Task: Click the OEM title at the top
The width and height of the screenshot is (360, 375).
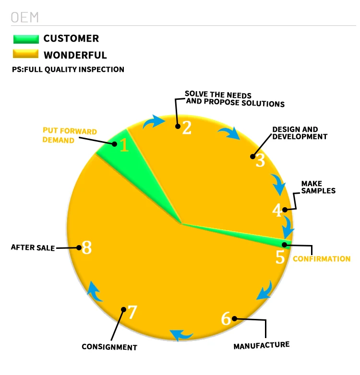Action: (24, 17)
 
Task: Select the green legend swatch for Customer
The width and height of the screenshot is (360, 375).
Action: (26, 39)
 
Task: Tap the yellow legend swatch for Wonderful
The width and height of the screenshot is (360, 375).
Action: (26, 55)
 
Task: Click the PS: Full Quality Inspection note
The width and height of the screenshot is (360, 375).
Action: (68, 70)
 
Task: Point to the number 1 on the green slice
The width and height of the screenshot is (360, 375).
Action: (124, 145)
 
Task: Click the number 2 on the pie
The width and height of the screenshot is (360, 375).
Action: (186, 127)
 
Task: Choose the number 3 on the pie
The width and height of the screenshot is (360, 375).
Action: (260, 160)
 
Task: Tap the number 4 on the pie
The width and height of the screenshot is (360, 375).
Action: (277, 210)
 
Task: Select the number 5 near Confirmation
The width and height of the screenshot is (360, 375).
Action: (280, 258)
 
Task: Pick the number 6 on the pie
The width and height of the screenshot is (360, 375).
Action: (226, 318)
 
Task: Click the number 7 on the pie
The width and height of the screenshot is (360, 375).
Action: (132, 313)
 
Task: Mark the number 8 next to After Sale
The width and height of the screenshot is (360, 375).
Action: (86, 248)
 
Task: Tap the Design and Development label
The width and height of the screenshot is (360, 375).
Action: (300, 133)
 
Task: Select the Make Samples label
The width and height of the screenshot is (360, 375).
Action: (318, 187)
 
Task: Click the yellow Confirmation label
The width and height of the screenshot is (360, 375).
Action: (322, 259)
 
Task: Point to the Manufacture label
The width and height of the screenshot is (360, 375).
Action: (261, 345)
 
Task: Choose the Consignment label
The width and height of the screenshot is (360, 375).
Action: (109, 347)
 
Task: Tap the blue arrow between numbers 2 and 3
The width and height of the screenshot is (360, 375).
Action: (229, 132)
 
